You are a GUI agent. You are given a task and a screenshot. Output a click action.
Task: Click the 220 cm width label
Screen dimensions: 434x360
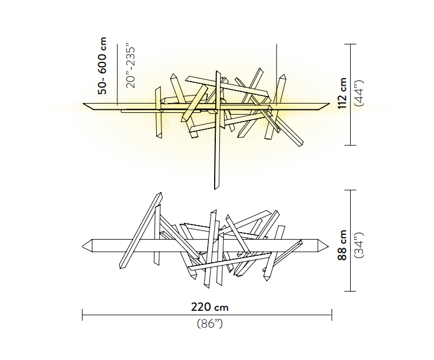coord(210,307)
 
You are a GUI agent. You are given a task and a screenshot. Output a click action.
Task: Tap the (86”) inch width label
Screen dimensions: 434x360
coord(210,324)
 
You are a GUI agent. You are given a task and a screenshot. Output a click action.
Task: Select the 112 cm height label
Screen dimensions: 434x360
coord(343,94)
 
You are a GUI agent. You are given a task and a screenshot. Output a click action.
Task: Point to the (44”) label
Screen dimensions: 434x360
coord(360,94)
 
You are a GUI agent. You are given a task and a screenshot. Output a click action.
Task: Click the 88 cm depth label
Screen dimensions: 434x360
coord(343,245)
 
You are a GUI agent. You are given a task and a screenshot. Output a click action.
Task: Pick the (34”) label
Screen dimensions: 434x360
coord(360,245)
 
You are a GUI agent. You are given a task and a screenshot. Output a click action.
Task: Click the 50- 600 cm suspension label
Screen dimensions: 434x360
coord(102,65)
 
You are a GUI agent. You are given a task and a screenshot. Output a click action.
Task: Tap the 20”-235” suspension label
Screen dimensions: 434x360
coord(130,65)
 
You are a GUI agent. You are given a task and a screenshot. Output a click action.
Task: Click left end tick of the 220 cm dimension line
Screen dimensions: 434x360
coord(83,315)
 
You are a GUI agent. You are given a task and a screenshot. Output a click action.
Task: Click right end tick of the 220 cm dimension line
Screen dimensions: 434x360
coord(332,315)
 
